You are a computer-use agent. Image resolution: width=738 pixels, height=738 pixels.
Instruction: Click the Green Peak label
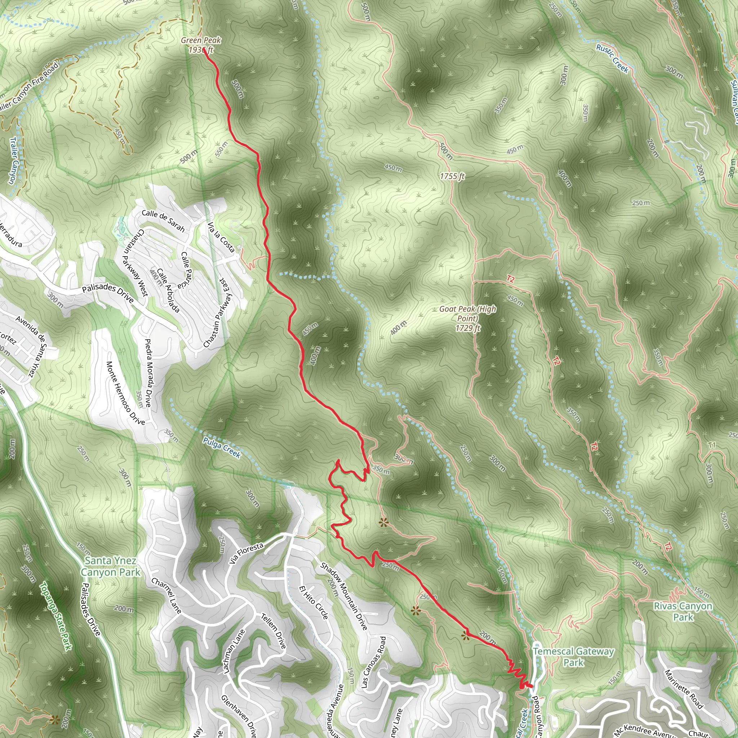point(201,40)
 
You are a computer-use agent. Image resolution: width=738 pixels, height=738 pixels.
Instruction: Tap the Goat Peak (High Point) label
point(467,318)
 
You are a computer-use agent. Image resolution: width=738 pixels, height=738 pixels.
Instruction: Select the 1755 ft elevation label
point(452,176)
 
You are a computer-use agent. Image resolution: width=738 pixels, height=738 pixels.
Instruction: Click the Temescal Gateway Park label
point(573,657)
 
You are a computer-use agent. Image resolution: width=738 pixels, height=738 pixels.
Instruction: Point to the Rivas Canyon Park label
point(683,612)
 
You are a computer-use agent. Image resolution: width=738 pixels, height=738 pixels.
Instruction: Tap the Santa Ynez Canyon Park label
point(110,566)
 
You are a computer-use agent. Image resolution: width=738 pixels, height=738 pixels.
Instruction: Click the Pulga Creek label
point(222,447)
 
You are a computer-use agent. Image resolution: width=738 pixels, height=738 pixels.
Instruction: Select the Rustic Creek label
point(612,58)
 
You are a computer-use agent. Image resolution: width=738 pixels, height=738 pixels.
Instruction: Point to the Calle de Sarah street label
point(163,221)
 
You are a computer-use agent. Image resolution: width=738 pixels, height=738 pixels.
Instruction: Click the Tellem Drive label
point(274,631)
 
